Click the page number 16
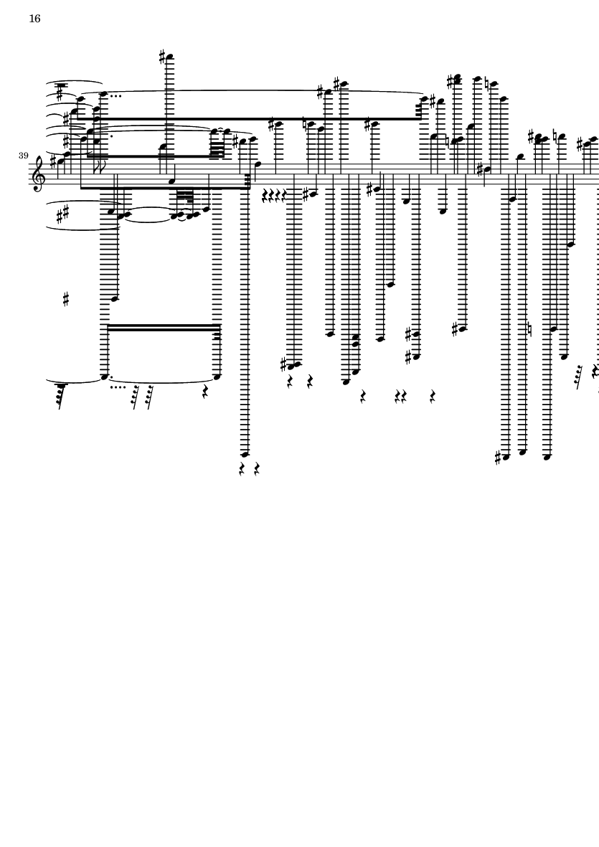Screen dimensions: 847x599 pyautogui.click(x=34, y=19)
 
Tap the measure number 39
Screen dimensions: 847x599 pyautogui.click(x=24, y=156)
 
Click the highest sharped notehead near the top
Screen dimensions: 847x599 pyautogui.click(x=170, y=57)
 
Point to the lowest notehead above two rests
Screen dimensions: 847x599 pyautogui.click(x=245, y=454)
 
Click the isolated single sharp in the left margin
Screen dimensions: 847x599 pyautogui.click(x=66, y=299)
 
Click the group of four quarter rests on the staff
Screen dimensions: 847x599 pyautogui.click(x=274, y=194)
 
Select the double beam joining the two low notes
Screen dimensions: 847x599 pyautogui.click(x=164, y=327)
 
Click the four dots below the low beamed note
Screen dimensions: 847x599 pyautogui.click(x=118, y=387)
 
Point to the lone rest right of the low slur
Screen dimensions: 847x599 pyautogui.click(x=205, y=392)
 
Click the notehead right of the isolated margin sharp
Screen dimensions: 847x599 pyautogui.click(x=115, y=298)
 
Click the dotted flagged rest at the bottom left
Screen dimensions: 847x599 pyautogui.click(x=60, y=394)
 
